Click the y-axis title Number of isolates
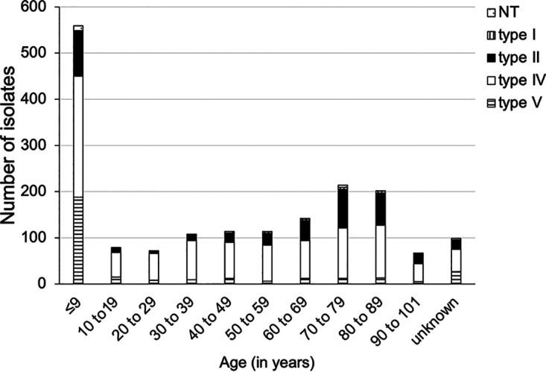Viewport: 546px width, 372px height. [x=10, y=145]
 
